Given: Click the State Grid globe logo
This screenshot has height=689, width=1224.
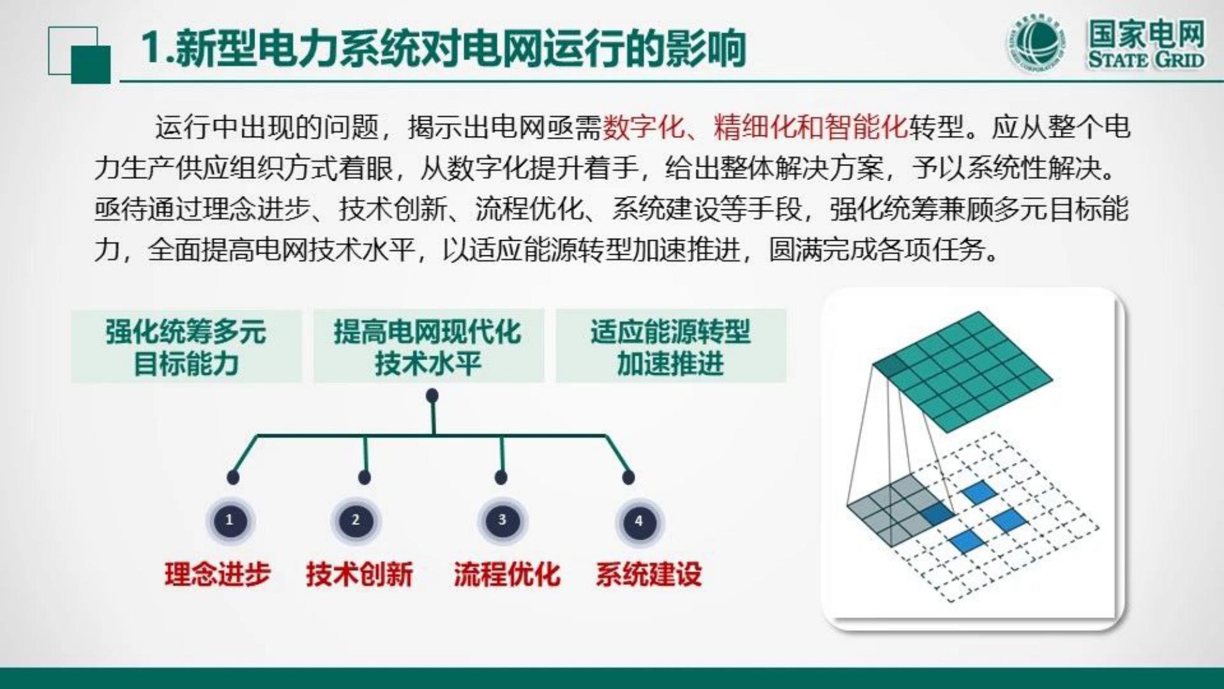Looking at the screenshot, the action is (x=1036, y=43).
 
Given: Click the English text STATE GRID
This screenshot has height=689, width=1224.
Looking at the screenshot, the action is (x=1146, y=60).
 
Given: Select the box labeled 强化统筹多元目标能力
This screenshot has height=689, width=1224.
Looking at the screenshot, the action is (x=187, y=346).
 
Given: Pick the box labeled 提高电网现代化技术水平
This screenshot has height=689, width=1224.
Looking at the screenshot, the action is (x=428, y=346).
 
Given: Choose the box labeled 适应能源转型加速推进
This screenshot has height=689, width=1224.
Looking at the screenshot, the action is (x=671, y=346).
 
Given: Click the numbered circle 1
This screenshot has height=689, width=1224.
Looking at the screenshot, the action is (x=230, y=521).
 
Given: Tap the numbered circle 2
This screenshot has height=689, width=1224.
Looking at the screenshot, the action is (x=356, y=521).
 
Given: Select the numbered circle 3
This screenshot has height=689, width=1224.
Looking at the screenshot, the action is (x=502, y=521).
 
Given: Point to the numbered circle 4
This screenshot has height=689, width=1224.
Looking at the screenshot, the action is (x=639, y=522).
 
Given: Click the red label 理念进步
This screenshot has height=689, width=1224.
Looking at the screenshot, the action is (x=217, y=574).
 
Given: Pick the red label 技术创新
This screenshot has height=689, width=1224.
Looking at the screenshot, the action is (x=359, y=574).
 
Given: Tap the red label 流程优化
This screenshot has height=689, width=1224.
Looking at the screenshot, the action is (x=507, y=574).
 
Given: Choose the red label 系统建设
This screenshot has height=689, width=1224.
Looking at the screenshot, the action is (x=649, y=574).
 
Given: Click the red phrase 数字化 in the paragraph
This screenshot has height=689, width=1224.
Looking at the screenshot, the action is (x=644, y=127).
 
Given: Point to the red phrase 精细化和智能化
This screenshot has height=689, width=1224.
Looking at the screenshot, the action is (x=810, y=127).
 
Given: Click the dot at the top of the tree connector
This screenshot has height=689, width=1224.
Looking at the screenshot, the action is (x=432, y=396).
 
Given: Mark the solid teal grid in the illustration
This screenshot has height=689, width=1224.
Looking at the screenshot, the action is (x=963, y=371).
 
